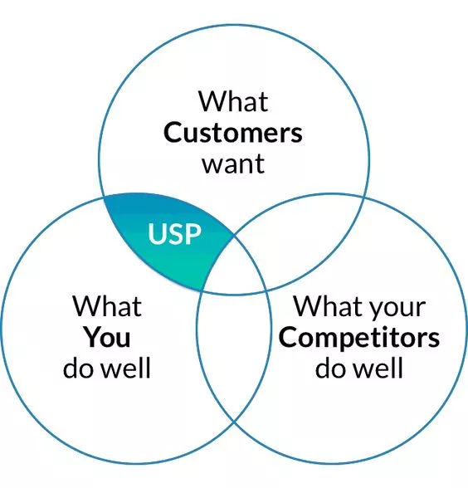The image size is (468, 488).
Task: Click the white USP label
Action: (174, 234)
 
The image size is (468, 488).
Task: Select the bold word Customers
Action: (232, 133)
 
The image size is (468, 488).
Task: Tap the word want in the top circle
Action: (233, 164)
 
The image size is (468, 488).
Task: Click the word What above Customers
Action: (233, 101)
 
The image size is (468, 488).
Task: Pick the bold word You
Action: (107, 337)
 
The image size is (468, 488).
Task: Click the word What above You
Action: (107, 306)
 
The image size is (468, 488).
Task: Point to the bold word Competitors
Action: (359, 339)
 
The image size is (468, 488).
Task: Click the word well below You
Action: (127, 368)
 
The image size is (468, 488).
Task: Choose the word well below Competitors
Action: (379, 368)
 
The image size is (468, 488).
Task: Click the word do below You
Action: (80, 368)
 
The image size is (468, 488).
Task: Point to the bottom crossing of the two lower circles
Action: (234, 422)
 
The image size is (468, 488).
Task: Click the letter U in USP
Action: (157, 234)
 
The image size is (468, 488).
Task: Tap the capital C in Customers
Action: (173, 133)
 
